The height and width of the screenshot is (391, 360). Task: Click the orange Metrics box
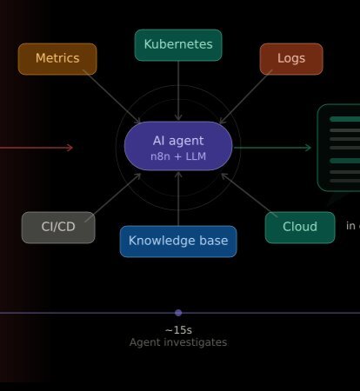[x=57, y=59]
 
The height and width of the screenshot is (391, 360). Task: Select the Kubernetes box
[x=178, y=45]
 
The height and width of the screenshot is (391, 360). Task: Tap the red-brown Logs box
[x=291, y=59]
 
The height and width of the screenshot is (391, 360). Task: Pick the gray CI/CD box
[x=58, y=228]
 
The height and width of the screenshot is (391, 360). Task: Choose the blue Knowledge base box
[x=178, y=242]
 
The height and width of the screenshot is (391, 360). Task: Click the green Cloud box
[x=300, y=228]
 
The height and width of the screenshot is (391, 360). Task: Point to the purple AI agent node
[x=178, y=146]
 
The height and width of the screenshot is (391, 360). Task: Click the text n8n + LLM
[x=178, y=156]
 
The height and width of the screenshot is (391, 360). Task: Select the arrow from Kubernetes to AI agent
[x=178, y=90]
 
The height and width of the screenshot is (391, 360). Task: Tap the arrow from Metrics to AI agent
[x=111, y=96]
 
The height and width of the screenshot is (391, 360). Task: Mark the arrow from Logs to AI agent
[x=246, y=96]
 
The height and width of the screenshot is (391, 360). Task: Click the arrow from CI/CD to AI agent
[x=113, y=198]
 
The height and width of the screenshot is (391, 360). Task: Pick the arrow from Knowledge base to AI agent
[x=178, y=199]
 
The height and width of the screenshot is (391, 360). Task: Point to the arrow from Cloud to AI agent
[x=250, y=195]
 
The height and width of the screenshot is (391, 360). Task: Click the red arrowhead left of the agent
[x=70, y=148]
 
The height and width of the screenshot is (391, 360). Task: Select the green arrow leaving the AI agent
[x=272, y=148]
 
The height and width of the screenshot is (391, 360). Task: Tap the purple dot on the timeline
[x=178, y=313]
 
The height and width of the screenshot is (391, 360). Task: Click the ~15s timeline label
[x=178, y=330]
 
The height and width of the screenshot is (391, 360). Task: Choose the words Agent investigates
[x=178, y=342]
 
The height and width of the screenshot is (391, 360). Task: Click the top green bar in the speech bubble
[x=345, y=119]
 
